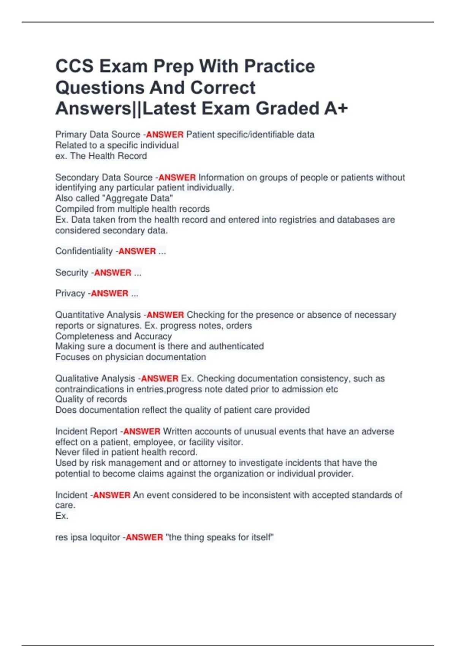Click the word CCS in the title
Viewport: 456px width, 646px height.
tap(74, 66)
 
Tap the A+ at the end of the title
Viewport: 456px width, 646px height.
tap(336, 109)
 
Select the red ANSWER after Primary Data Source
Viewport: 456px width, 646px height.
tap(165, 135)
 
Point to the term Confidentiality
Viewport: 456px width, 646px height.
tap(84, 251)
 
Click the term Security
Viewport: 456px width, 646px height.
tap(72, 272)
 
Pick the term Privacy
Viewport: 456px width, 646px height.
tap(70, 293)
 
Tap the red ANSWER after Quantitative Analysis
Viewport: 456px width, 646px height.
tap(165, 315)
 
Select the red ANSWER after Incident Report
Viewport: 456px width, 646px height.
tap(142, 432)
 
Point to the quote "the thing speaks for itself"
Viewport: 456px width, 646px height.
tap(220, 537)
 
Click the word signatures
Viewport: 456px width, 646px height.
tap(119, 326)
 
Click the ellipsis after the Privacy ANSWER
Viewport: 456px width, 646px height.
tap(135, 293)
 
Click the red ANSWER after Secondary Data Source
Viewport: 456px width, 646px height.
tap(177, 177)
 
